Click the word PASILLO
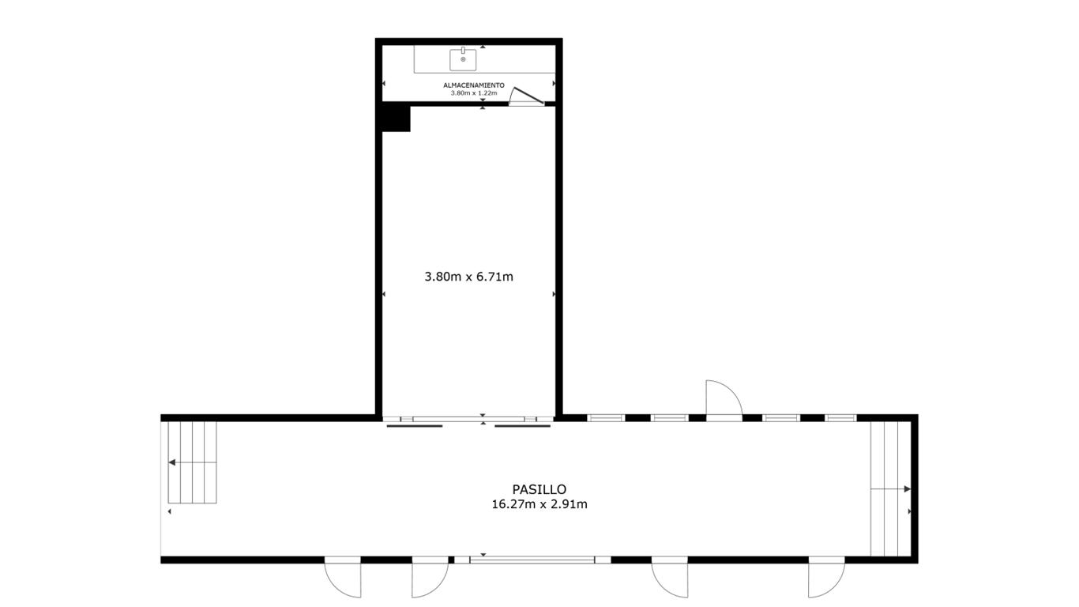[x=539, y=489]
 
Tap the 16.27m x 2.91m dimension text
[x=539, y=504]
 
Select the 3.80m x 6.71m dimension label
[x=468, y=277]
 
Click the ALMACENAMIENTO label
[x=473, y=85]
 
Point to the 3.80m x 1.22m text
[x=473, y=93]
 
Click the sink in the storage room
[x=463, y=59]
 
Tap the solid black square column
[x=396, y=119]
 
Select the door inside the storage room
[x=527, y=96]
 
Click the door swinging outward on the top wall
[x=724, y=398]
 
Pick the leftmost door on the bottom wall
[x=343, y=577]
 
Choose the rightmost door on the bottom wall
[x=826, y=577]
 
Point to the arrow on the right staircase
[x=891, y=489]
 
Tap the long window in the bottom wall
[x=532, y=560]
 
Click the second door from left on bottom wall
[x=430, y=577]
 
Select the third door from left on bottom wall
[x=670, y=577]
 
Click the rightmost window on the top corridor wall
[x=840, y=418]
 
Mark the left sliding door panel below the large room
[x=415, y=426]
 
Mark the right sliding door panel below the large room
[x=523, y=426]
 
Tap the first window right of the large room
[x=606, y=418]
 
